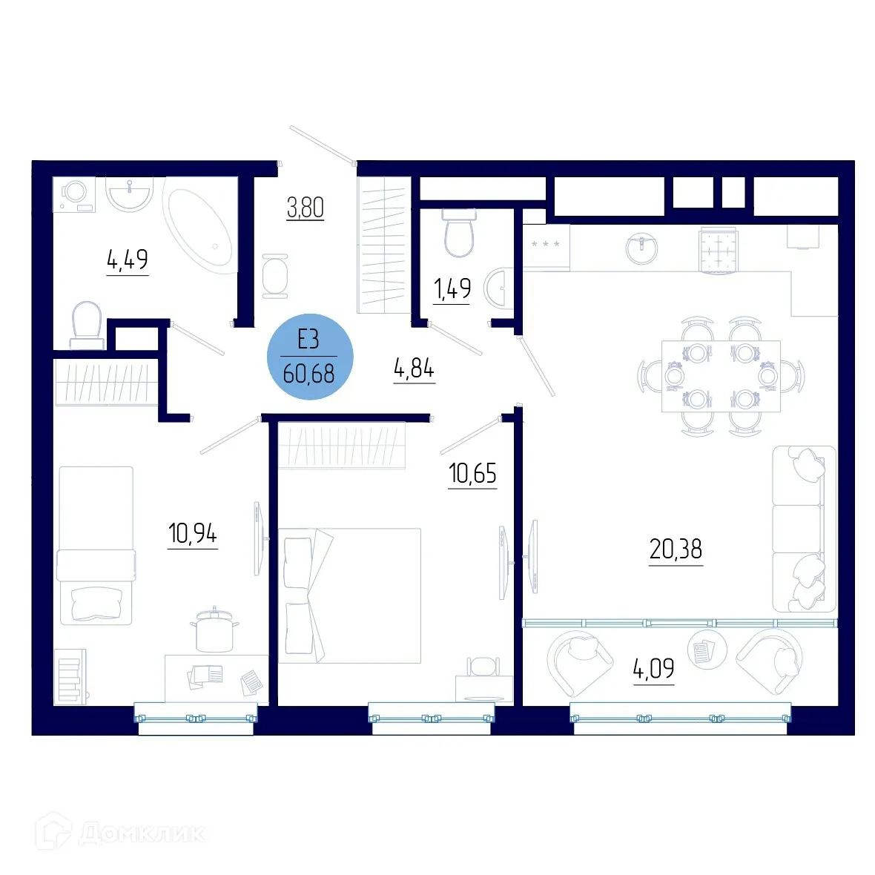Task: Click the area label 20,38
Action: coord(675,549)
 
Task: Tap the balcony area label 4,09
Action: coord(653,669)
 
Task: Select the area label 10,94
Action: coord(193,533)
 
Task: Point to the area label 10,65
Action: coord(472,473)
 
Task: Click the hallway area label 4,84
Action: coord(414,368)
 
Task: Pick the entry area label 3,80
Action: coord(306,208)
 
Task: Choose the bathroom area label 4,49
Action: coord(128,260)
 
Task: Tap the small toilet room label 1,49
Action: coord(452,288)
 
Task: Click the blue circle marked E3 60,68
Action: coord(310,357)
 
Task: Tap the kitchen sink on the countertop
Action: coord(641,248)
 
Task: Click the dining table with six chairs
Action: coord(720,376)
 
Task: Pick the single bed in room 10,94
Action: coord(96,545)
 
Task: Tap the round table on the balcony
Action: coord(701,650)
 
